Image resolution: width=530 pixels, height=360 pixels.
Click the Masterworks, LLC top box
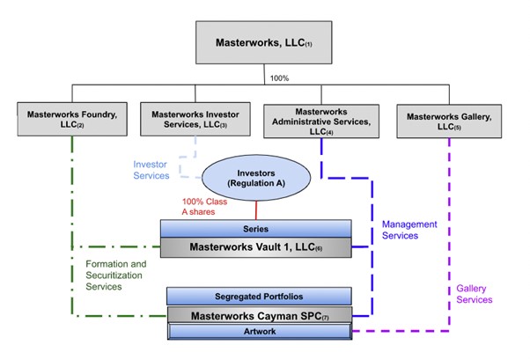click(265, 41)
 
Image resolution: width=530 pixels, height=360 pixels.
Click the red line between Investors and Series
click(257, 210)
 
